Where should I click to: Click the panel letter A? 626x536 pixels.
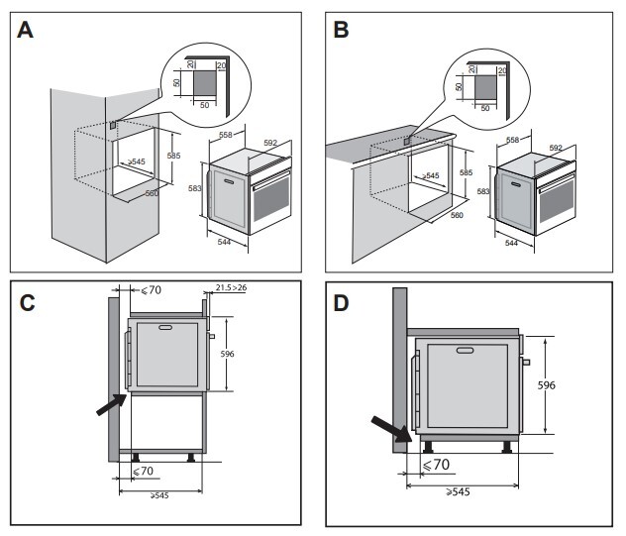click(x=27, y=30)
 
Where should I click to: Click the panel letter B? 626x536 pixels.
click(x=342, y=30)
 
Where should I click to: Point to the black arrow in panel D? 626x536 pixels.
click(x=390, y=428)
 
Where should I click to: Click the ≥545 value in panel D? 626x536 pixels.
click(x=457, y=490)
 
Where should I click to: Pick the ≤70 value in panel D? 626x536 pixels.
click(x=437, y=464)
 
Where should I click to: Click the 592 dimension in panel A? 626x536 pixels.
click(x=270, y=143)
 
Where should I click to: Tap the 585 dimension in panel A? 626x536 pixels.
click(x=174, y=157)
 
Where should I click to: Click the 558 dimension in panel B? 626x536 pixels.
click(x=513, y=141)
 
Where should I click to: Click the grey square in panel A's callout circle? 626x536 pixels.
click(x=204, y=78)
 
